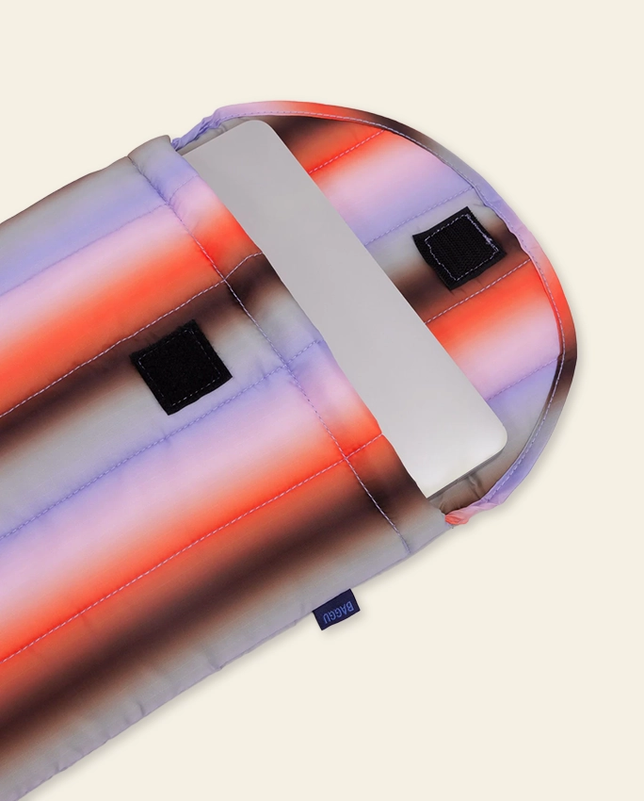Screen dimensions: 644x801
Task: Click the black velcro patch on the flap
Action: coord(459,247)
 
